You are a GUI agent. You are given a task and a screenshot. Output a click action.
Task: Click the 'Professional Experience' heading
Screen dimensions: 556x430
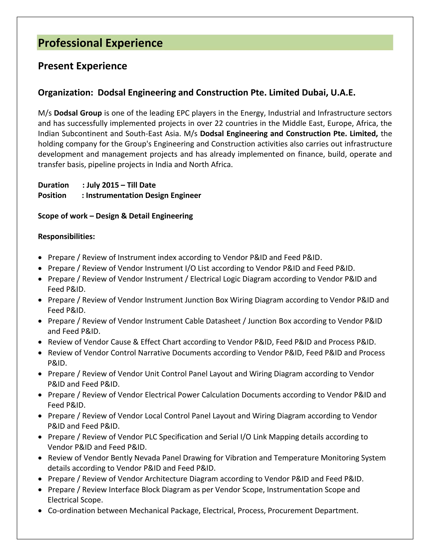tap(100, 43)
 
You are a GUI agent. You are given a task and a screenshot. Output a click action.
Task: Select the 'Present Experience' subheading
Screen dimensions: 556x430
tap(82, 66)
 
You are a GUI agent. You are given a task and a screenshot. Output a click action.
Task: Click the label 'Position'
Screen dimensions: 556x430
tap(52, 195)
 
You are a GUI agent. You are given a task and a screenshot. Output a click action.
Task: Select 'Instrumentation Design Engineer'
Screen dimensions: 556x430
tap(143, 195)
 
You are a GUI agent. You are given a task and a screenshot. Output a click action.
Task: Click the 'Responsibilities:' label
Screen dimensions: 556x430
tap(66, 236)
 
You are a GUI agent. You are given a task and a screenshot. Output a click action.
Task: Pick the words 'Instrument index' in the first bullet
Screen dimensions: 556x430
tap(147, 257)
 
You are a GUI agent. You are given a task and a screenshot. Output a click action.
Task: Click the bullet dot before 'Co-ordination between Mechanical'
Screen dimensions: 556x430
tap(40, 511)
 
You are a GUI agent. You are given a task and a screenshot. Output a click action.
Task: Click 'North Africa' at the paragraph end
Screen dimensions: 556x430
tap(210, 164)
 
